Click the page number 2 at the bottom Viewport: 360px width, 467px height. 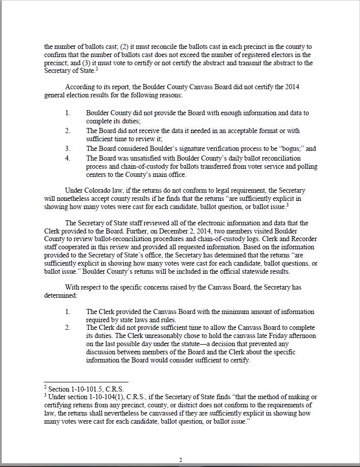tap(181, 460)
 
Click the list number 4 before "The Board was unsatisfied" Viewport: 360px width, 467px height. tap(68, 159)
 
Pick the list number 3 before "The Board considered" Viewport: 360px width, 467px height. tap(68, 149)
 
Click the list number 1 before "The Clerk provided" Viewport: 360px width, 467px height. tap(68, 312)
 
